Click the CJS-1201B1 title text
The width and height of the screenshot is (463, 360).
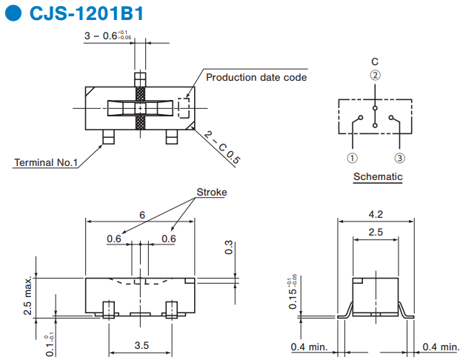[x=87, y=13]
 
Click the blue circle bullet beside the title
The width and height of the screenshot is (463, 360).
[x=13, y=13]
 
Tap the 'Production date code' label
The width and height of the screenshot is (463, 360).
[x=256, y=77]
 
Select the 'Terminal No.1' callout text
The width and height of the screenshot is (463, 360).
[x=46, y=162]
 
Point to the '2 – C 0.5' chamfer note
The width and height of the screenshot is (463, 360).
[x=222, y=147]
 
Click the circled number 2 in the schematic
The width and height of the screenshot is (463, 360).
[x=375, y=76]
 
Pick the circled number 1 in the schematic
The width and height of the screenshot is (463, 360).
[x=352, y=158]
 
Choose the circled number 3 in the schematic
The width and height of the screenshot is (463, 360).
[x=399, y=158]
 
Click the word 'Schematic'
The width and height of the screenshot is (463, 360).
[x=378, y=176]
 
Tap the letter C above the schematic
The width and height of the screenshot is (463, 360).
[x=375, y=61]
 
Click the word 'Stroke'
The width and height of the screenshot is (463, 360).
[x=212, y=193]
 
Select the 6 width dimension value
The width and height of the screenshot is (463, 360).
[x=142, y=215]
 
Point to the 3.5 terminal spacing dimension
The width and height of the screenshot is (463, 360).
[x=141, y=345]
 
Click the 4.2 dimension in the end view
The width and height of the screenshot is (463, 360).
[x=376, y=214]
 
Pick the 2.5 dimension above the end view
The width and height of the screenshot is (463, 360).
[x=376, y=232]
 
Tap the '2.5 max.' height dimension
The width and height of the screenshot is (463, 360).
[x=27, y=296]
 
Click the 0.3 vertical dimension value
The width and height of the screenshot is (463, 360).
[x=229, y=247]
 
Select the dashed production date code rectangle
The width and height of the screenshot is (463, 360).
[x=184, y=108]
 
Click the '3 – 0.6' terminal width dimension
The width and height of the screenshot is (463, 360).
[x=107, y=36]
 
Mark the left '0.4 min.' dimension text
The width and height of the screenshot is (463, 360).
[x=309, y=347]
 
